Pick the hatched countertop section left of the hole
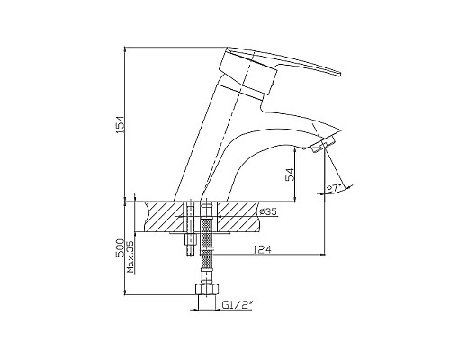(x=162, y=217)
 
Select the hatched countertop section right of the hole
(x=236, y=217)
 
